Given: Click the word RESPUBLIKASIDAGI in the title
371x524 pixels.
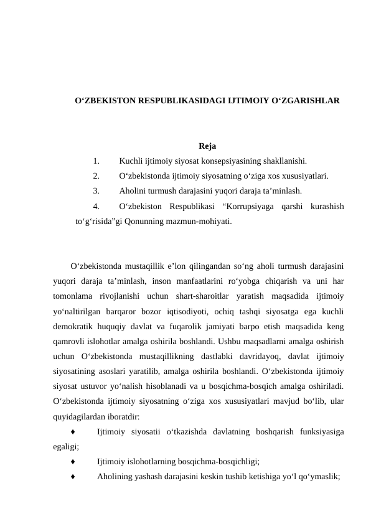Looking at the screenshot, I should pos(171,100).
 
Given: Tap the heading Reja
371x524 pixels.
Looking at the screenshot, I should pos(207,147).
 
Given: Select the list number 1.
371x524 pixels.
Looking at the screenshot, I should pos(96,161).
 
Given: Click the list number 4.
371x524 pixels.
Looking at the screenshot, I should pos(96,206).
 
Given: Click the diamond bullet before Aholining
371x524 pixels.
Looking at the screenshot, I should pos(73,476).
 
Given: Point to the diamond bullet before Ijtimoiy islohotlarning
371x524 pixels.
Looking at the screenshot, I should pos(73,461).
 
